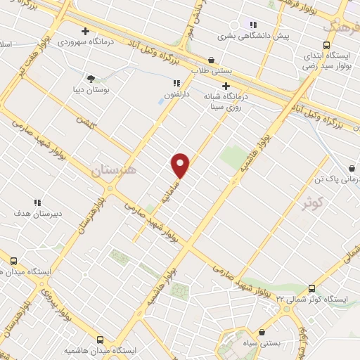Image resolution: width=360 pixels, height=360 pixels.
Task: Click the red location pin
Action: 181,166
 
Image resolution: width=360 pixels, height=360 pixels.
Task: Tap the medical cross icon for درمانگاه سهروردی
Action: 85,31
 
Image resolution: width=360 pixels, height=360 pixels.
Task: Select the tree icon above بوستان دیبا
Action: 90,78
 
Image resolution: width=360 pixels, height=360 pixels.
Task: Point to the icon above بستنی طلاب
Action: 212,60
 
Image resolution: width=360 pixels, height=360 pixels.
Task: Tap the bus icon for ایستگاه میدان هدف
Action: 13,262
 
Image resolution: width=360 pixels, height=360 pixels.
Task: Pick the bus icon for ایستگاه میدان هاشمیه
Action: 101,337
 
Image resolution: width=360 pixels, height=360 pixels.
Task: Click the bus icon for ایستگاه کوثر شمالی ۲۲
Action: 311,288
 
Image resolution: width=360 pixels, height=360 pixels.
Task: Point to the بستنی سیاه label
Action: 262,344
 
